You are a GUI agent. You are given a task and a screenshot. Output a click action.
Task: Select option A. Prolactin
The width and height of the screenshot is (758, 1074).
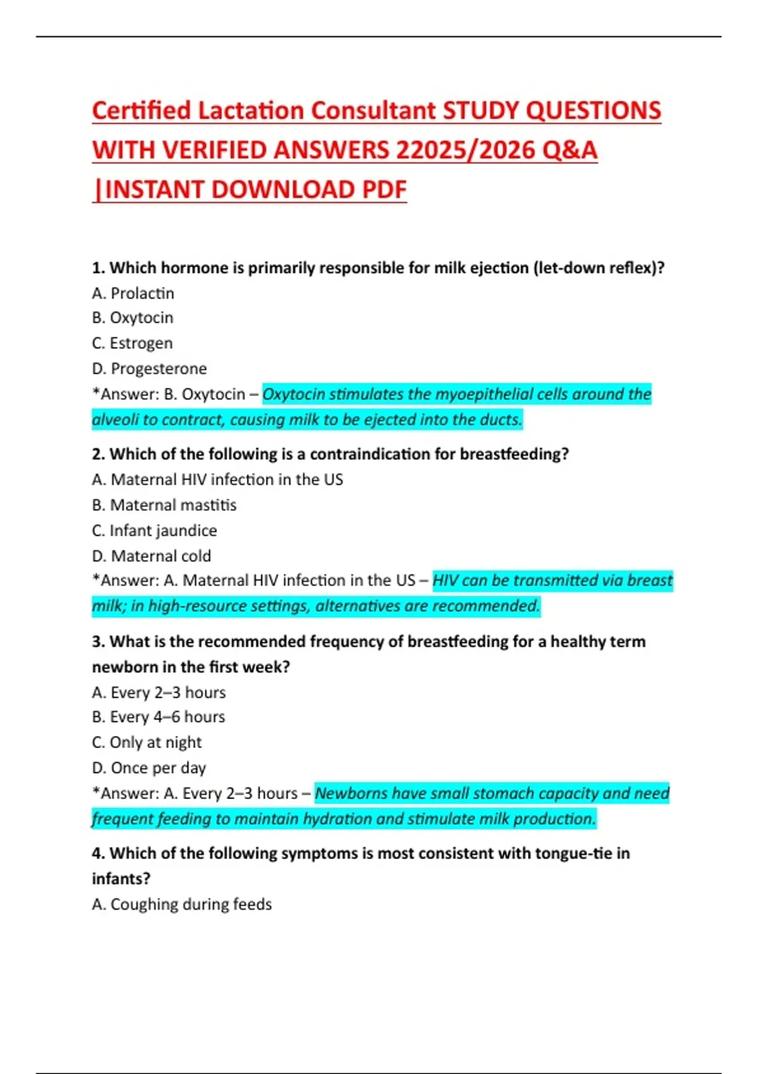[133, 293]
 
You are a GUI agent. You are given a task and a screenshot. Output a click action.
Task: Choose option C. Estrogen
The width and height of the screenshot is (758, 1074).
[132, 343]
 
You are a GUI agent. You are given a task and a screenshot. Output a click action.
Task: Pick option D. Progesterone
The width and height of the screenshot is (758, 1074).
[149, 368]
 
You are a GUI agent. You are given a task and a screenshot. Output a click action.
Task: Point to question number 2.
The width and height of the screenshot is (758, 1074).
[98, 454]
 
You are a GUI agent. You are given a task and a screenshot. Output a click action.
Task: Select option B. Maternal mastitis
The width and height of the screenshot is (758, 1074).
[164, 505]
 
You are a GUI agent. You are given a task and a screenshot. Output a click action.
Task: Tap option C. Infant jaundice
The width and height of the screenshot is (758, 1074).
[154, 531]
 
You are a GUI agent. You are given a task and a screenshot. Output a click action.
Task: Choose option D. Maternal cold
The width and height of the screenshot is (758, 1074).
[152, 556]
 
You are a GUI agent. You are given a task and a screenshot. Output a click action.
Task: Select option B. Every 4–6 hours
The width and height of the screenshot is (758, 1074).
[159, 717]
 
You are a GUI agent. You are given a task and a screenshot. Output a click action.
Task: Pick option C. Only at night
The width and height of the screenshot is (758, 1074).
[147, 742]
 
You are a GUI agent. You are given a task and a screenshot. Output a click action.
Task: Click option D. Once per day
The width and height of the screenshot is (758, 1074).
[149, 768]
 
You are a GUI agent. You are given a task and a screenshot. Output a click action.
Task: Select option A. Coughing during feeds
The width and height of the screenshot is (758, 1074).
[182, 904]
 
